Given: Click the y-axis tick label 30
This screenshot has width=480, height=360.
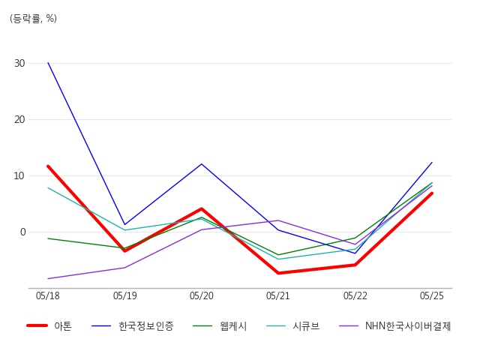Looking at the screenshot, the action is pyautogui.click(x=19, y=63).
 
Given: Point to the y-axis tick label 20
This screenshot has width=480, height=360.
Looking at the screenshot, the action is pyautogui.click(x=19, y=120).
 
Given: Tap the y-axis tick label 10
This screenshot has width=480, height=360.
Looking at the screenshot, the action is pyautogui.click(x=19, y=176).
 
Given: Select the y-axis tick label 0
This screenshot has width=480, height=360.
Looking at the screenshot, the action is pyautogui.click(x=23, y=232).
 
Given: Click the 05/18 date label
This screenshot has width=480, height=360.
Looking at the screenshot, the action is pyautogui.click(x=48, y=295).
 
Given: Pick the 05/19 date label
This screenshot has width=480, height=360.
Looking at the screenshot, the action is pyautogui.click(x=125, y=295).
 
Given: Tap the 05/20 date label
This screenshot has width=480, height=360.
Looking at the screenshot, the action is pyautogui.click(x=202, y=295).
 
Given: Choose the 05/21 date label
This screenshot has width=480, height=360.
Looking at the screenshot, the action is pyautogui.click(x=278, y=295).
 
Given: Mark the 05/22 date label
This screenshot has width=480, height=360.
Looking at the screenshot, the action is pyautogui.click(x=355, y=295).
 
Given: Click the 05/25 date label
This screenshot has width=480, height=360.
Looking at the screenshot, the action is pyautogui.click(x=432, y=295).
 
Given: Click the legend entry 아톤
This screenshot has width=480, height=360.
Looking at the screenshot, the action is pyautogui.click(x=49, y=325).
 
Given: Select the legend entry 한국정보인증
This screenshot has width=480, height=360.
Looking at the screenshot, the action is pyautogui.click(x=133, y=325).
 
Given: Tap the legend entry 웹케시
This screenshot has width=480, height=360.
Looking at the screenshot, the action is pyautogui.click(x=220, y=325).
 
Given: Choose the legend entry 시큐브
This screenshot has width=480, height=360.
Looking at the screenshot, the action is pyautogui.click(x=293, y=325).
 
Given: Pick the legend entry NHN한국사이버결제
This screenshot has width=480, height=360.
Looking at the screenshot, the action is pyautogui.click(x=395, y=325).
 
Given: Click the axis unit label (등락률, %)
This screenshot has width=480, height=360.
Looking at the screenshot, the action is pyautogui.click(x=33, y=19).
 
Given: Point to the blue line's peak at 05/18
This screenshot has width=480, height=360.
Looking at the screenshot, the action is pyautogui.click(x=48, y=63).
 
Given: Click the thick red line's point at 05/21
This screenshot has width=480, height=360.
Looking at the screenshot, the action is pyautogui.click(x=278, y=273).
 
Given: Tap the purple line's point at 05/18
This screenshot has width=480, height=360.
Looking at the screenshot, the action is pyautogui.click(x=48, y=278).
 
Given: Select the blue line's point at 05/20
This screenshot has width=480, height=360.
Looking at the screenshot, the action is pyautogui.click(x=202, y=164).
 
